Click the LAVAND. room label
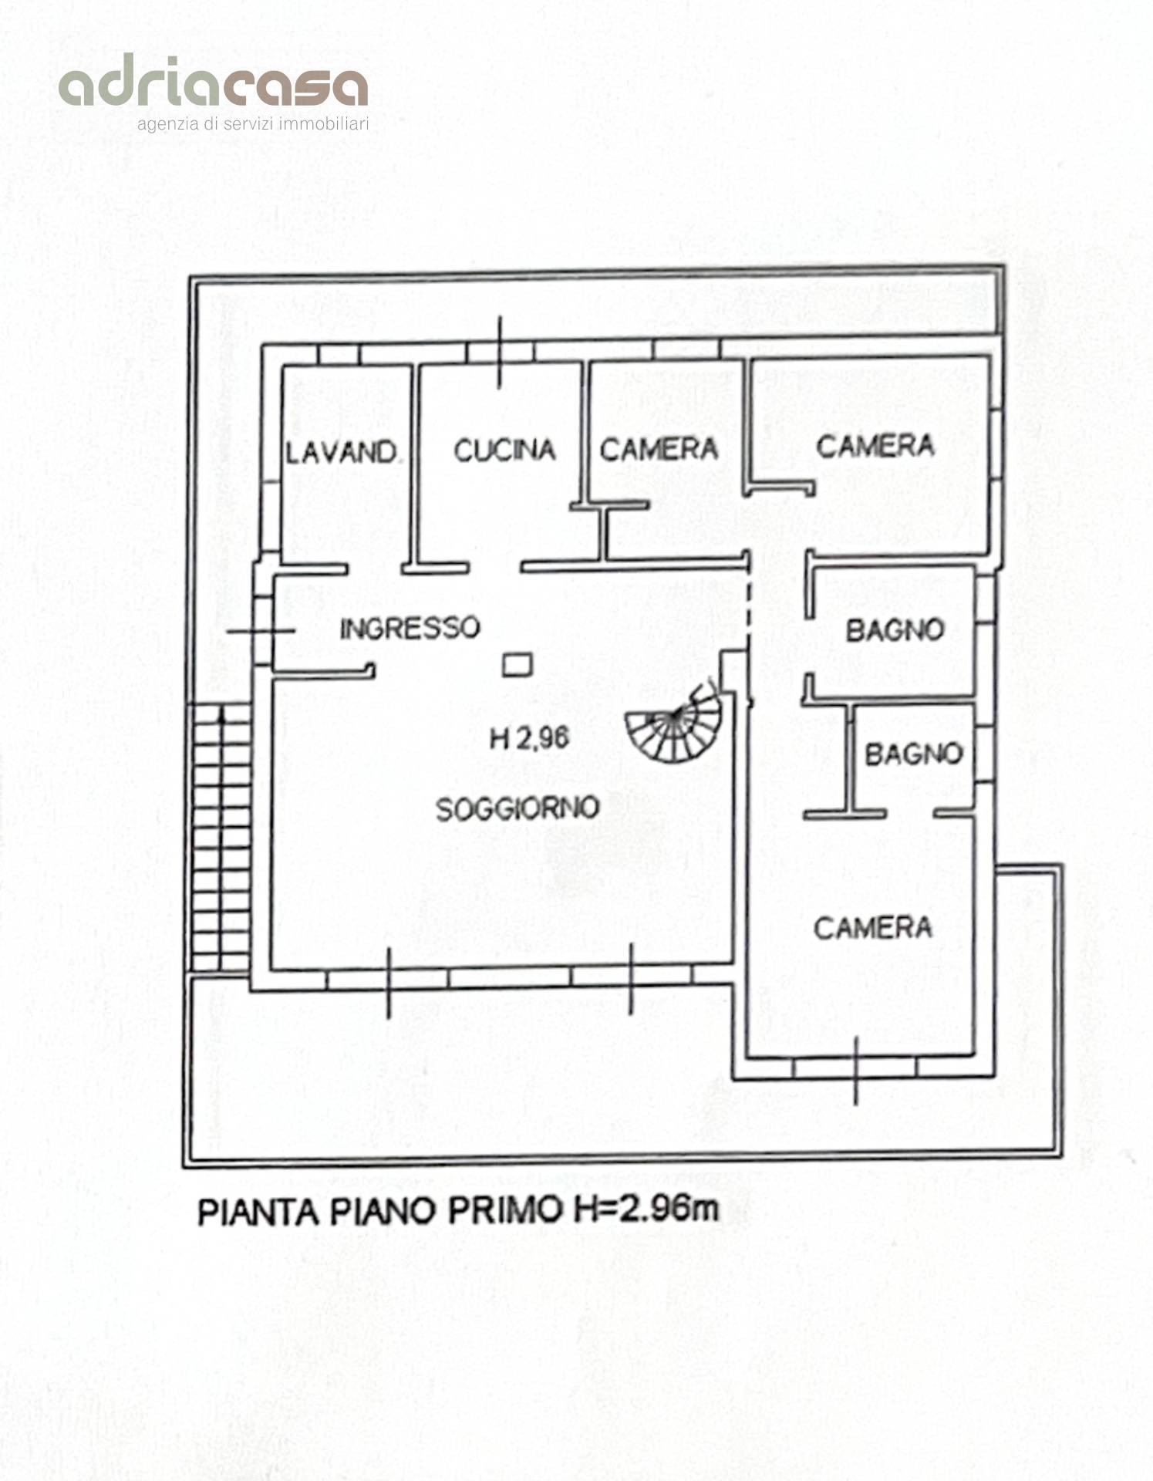tap(342, 452)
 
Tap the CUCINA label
tap(504, 450)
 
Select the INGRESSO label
tap(410, 628)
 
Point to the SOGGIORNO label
tap(518, 808)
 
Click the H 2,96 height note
tap(529, 738)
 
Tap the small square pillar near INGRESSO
tap(517, 664)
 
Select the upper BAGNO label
tap(895, 630)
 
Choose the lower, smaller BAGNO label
tap(914, 754)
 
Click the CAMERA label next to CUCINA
tap(659, 449)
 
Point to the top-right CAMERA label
tap(875, 445)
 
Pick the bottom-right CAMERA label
tap(872, 927)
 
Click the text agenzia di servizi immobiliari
tap(252, 124)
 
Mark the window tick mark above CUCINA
tap(500, 352)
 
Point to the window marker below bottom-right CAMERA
tap(856, 1069)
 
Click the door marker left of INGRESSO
tap(261, 630)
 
